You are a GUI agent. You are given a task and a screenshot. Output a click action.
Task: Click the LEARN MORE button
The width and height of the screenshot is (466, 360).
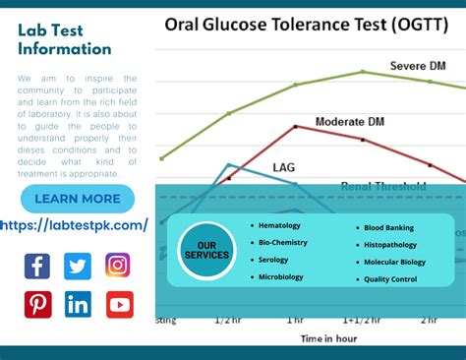[78, 199]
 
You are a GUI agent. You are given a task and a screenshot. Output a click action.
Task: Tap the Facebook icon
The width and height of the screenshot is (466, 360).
[37, 266]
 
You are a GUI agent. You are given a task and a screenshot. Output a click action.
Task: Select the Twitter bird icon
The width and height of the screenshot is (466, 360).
[78, 266]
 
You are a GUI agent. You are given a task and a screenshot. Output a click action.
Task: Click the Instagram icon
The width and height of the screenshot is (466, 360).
[118, 266]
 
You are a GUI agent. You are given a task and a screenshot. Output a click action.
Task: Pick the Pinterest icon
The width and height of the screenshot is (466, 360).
[37, 305]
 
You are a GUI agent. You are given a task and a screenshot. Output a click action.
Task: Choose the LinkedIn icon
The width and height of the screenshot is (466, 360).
[78, 305]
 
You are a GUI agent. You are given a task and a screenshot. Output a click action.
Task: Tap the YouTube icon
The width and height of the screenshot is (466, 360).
[119, 305]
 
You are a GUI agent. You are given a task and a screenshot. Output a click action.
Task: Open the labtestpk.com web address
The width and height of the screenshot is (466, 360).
[75, 225]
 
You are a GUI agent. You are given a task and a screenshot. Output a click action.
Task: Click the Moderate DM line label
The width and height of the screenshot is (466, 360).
[349, 122]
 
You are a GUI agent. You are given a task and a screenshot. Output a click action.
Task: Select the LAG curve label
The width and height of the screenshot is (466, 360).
[283, 167]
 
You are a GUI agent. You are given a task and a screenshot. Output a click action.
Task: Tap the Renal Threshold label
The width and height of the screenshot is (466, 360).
[383, 186]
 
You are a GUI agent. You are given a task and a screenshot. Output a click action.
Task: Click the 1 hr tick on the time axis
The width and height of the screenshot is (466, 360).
[295, 321]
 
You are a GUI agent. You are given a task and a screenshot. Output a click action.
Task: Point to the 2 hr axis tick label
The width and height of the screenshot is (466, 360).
[430, 321]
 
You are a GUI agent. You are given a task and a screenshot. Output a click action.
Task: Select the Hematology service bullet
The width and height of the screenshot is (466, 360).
[277, 226]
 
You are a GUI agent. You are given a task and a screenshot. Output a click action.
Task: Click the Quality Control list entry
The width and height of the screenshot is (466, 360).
[390, 279]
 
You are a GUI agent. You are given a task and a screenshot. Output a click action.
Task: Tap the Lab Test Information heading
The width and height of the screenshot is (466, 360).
[65, 38]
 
